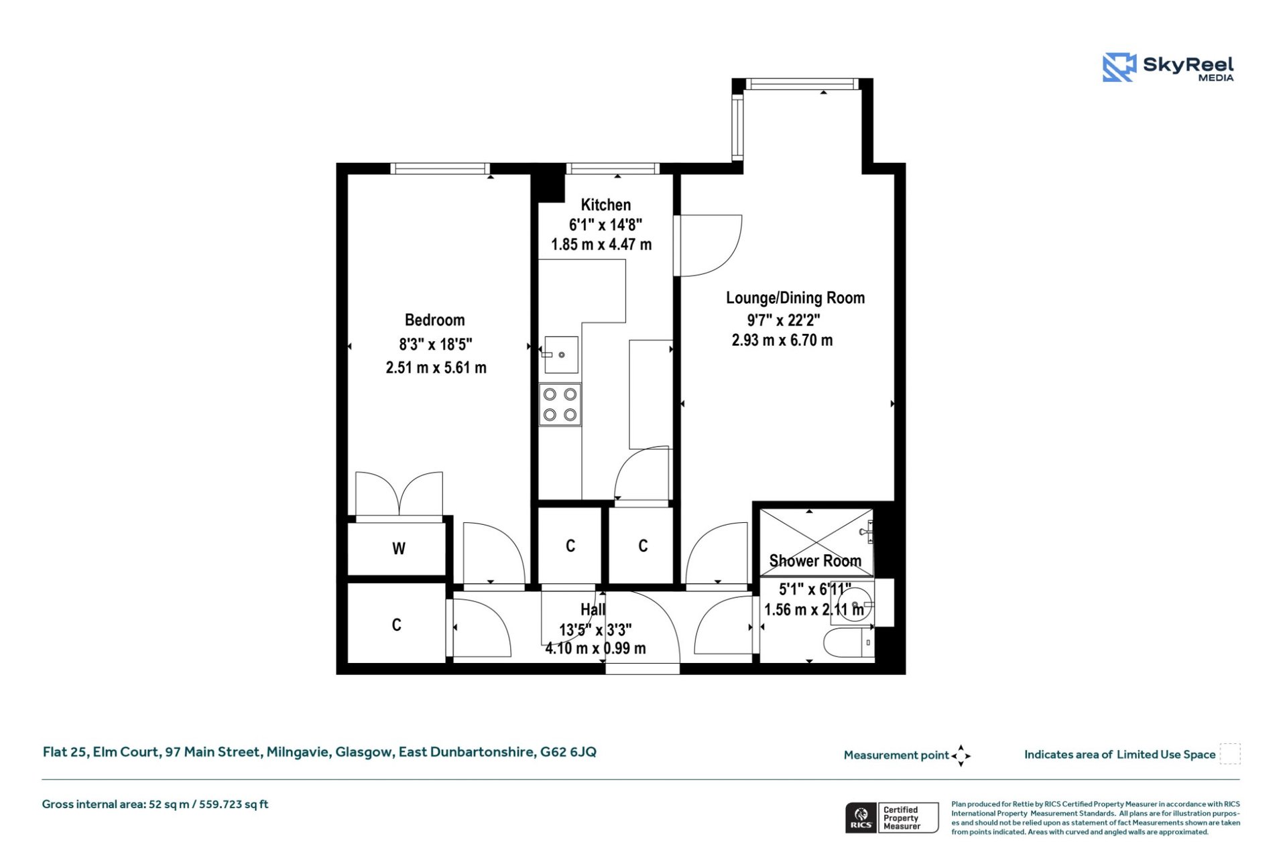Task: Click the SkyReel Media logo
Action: pos(1168,68)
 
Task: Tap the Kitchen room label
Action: pos(605,205)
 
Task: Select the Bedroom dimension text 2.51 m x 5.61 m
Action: pos(436,368)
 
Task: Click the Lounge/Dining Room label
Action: pos(795,298)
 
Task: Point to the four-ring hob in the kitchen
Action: pos(560,405)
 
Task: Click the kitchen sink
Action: pos(560,355)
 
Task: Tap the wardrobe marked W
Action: pos(397,548)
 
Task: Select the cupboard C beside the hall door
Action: pos(396,625)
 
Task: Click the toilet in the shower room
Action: pos(847,643)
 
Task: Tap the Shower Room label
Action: pos(814,561)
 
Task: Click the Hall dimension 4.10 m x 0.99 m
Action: pos(595,649)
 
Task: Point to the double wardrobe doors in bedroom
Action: pos(399,495)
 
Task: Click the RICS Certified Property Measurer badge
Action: pos(892,818)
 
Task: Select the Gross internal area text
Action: pos(155,804)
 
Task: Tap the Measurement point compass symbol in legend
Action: pos(961,755)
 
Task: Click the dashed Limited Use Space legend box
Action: pos(1229,753)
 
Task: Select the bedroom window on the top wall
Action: pos(440,168)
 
